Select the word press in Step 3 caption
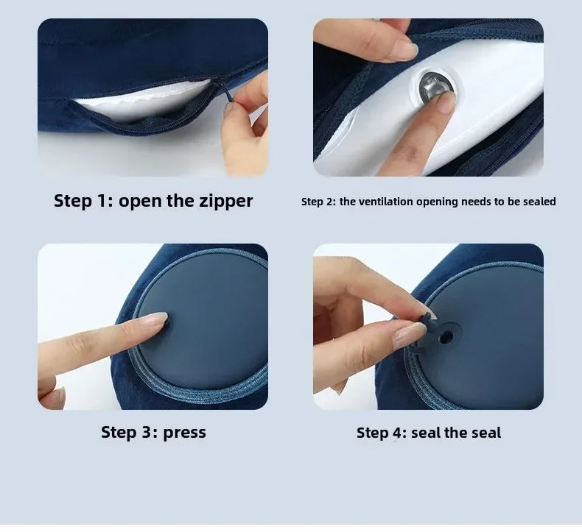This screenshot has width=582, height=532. click(x=184, y=432)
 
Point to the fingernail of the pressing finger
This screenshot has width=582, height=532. click(x=156, y=320)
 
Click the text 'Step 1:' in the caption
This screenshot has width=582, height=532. click(x=83, y=201)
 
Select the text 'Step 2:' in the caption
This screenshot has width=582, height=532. click(x=318, y=202)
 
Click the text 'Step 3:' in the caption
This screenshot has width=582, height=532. click(x=130, y=432)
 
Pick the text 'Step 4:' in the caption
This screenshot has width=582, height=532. click(x=382, y=433)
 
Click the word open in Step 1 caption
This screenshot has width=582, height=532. click(x=141, y=201)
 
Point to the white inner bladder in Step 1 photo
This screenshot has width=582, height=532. click(x=147, y=99)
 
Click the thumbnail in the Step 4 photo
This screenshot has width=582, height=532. click(x=409, y=335)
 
